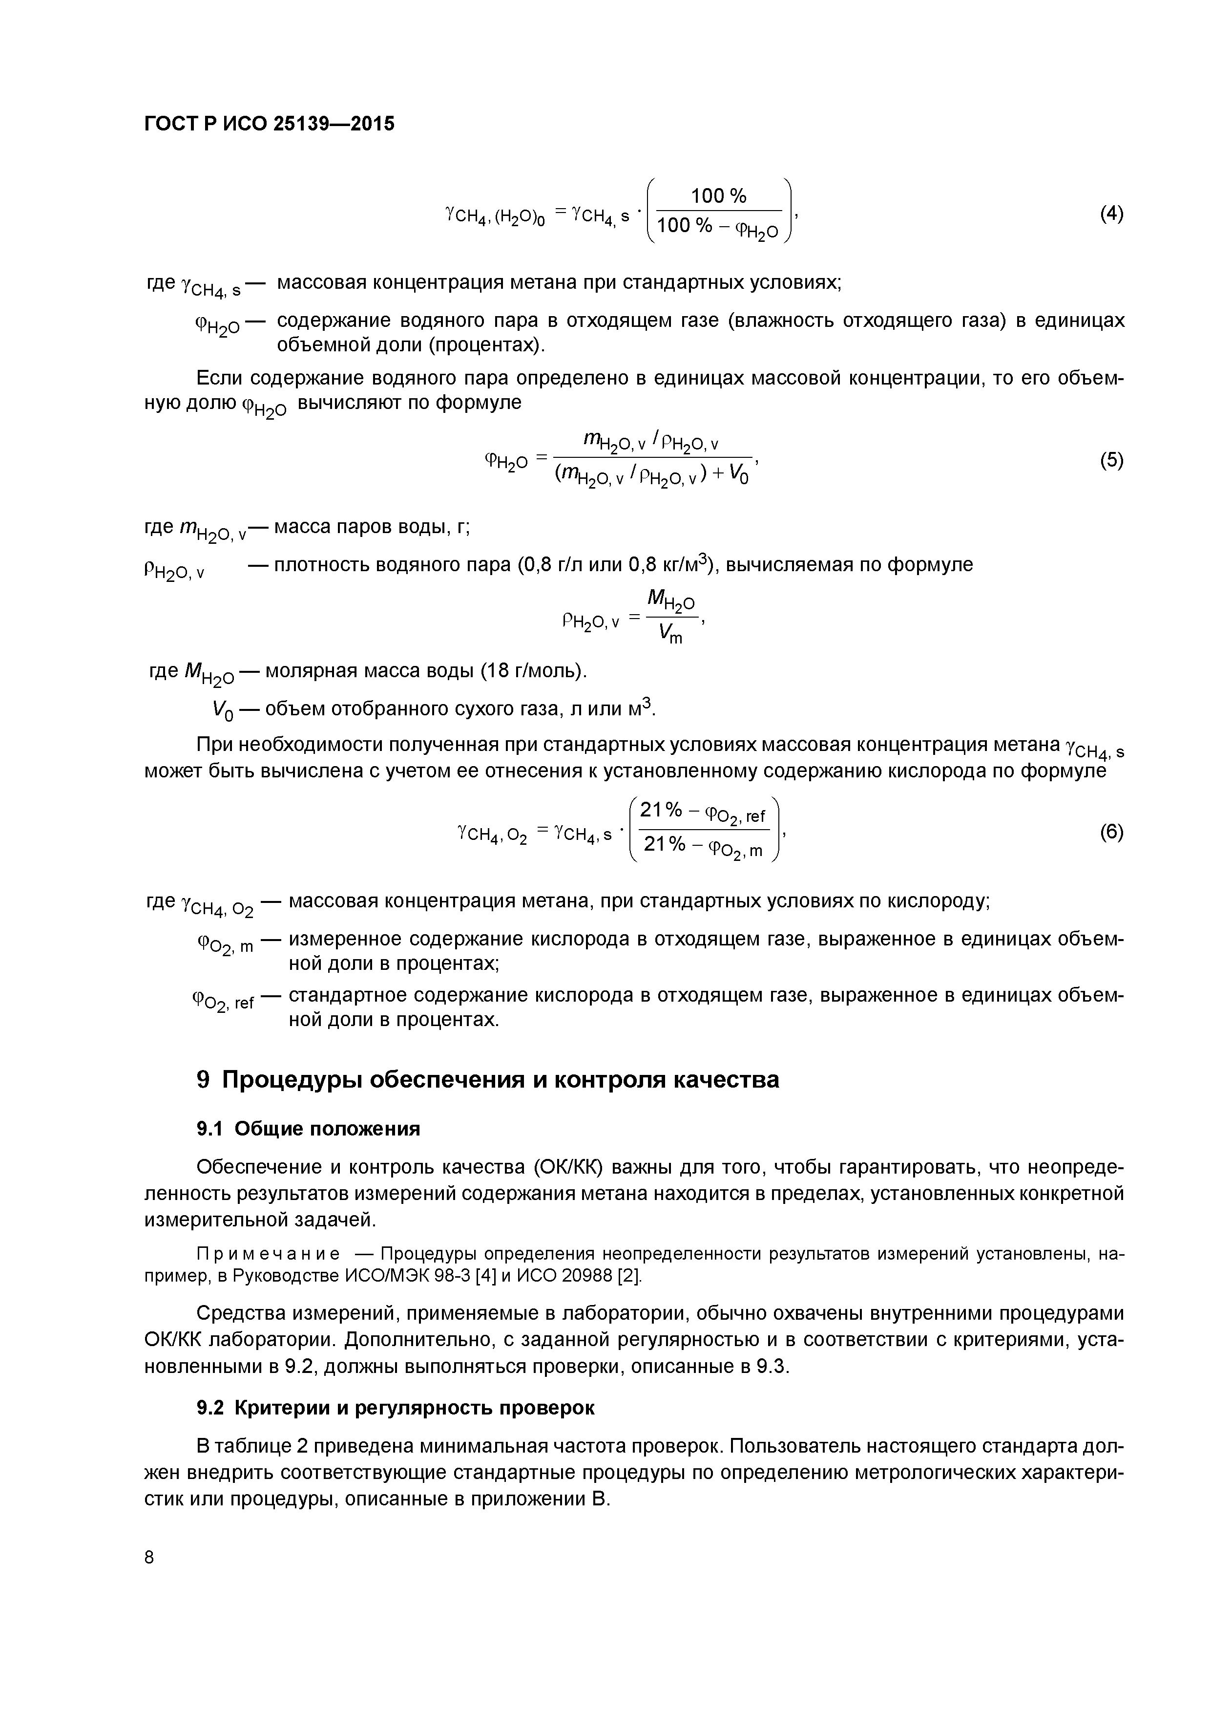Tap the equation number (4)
[x=1111, y=214]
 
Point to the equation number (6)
[x=1111, y=832]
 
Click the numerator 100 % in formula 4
[x=718, y=196]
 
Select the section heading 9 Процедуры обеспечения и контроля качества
[x=487, y=1079]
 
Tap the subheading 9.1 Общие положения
[x=308, y=1129]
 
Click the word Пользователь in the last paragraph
[x=804, y=1446]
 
